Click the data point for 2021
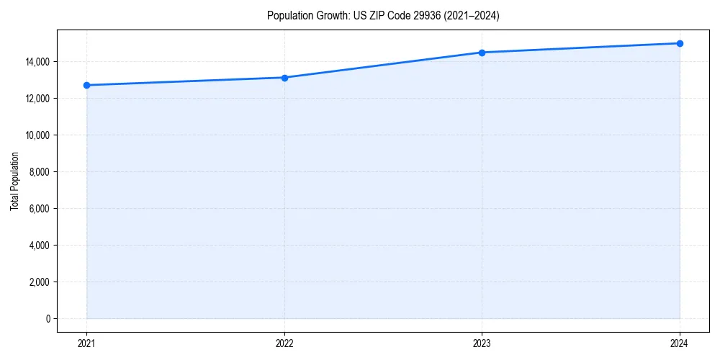pos(86,85)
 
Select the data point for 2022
pos(284,78)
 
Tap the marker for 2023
pos(482,53)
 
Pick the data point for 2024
pos(680,43)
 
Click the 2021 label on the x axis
pos(86,343)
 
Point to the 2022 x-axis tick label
pos(284,343)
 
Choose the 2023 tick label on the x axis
pos(482,343)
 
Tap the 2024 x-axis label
pos(680,343)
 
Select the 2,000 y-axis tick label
pos(38,282)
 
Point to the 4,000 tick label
pos(38,245)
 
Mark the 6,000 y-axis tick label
pos(38,209)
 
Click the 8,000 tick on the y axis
pos(38,172)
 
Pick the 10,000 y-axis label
pos(37,135)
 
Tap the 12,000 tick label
pos(37,99)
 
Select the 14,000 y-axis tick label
pos(37,62)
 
